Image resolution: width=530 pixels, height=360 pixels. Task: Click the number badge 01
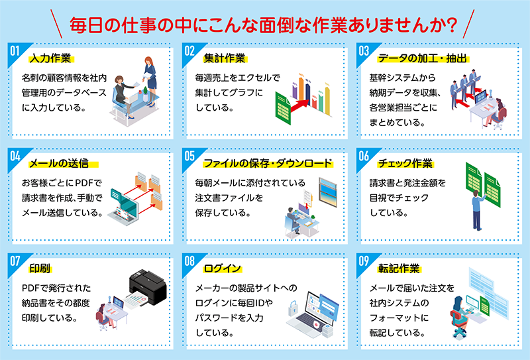(15, 51)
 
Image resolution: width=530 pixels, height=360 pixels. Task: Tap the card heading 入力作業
(50, 58)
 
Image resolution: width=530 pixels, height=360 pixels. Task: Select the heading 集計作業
(225, 58)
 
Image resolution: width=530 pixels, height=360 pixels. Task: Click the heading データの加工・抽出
(422, 58)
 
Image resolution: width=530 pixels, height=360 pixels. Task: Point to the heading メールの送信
(59, 163)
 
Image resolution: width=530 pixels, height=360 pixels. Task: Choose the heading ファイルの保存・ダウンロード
(268, 163)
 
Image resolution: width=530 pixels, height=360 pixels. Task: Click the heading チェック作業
(405, 163)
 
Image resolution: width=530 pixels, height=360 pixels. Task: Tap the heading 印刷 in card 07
(40, 269)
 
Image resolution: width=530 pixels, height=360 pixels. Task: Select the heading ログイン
(222, 269)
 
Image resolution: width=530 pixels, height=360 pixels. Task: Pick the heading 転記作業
(399, 269)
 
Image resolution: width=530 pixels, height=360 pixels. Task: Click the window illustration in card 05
(328, 192)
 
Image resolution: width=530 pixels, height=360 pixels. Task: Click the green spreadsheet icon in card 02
(283, 109)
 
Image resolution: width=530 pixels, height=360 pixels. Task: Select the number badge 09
(364, 261)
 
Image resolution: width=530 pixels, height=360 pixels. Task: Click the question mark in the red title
(452, 26)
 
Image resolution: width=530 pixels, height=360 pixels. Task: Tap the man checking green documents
(478, 210)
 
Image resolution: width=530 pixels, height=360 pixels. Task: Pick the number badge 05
(189, 156)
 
